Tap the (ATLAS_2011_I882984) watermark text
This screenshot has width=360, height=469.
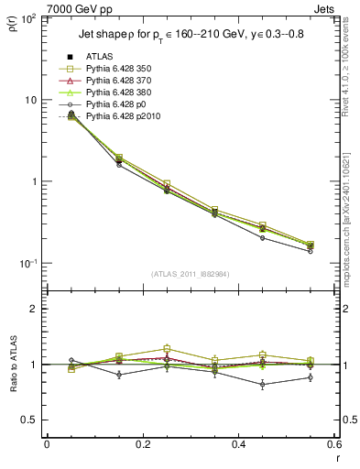pos(191,274)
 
